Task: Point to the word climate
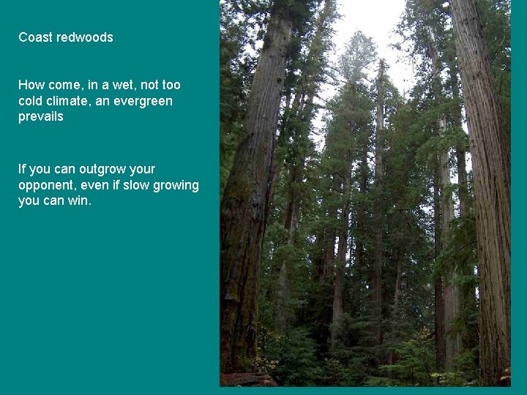tap(70, 101)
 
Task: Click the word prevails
tap(41, 117)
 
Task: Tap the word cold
tap(31, 101)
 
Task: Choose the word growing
tap(176, 186)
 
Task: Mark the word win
tap(79, 201)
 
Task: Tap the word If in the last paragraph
tap(22, 169)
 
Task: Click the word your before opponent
tap(141, 169)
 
